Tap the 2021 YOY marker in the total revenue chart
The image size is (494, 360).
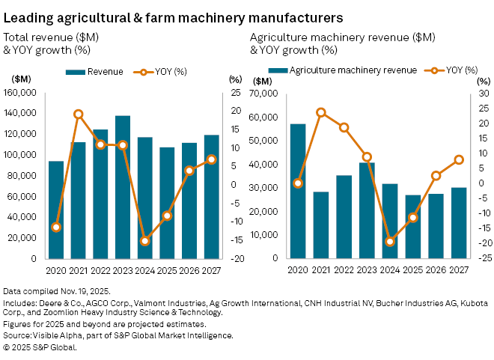(79, 115)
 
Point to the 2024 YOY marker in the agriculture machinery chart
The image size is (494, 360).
(389, 242)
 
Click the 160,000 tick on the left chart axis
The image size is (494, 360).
(26, 93)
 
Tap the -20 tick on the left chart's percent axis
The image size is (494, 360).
(236, 259)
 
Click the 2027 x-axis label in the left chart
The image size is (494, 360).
(212, 269)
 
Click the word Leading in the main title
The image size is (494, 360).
(28, 16)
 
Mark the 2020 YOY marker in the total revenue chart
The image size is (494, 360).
(56, 227)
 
